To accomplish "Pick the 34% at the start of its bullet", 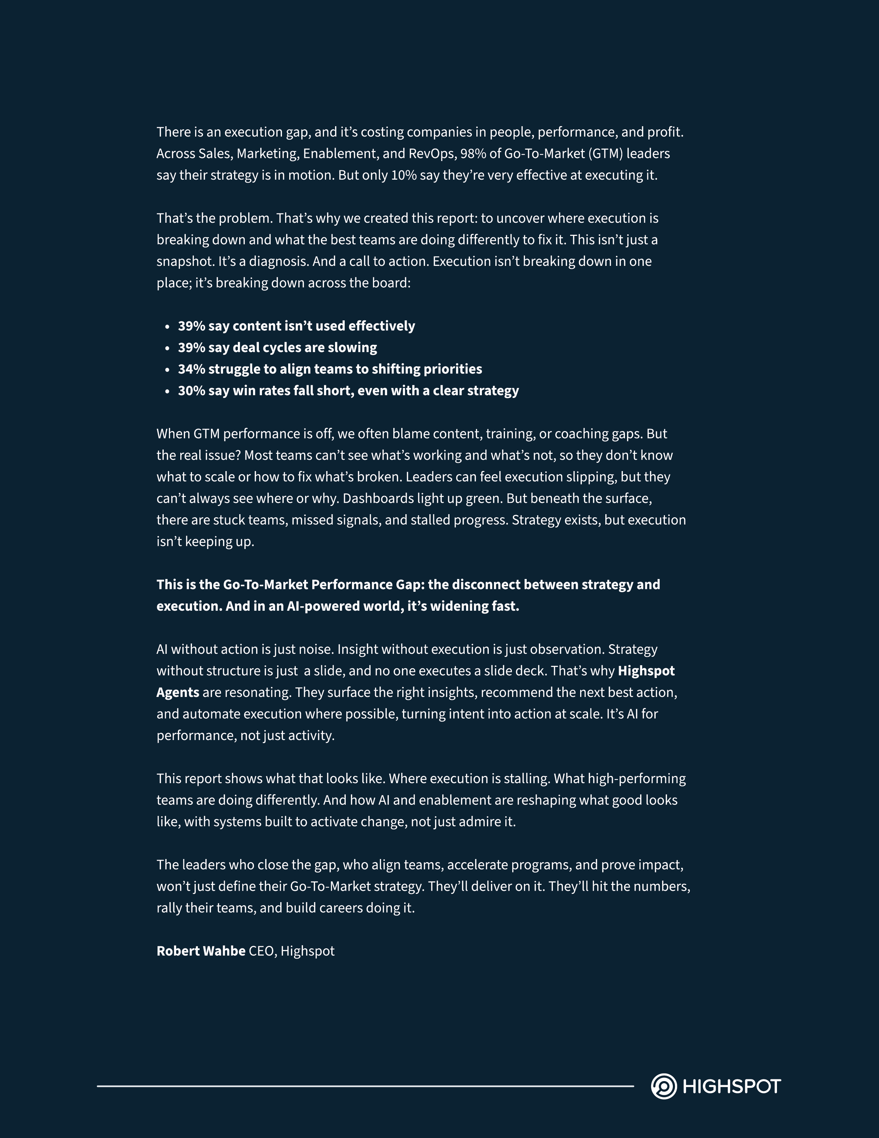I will [191, 369].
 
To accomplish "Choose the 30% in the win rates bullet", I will [191, 391].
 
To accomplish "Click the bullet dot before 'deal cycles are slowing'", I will [167, 348].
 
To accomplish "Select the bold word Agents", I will [178, 692].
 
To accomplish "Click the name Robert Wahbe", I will [201, 951].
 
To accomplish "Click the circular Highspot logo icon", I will [664, 1086].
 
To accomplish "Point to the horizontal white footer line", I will [364, 1086].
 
